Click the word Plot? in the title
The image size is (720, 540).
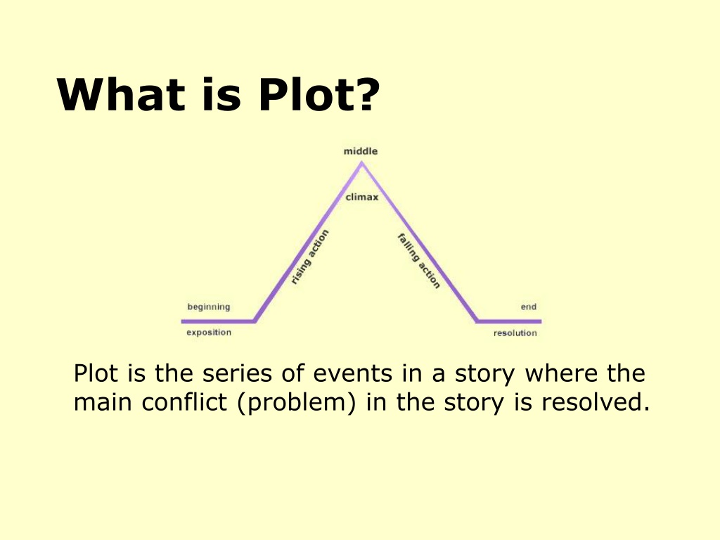click(x=319, y=94)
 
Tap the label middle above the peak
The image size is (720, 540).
click(x=361, y=151)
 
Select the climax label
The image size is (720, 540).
click(x=362, y=197)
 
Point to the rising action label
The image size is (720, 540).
click(x=310, y=257)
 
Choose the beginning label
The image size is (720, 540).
click(x=208, y=307)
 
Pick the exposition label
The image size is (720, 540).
click(x=209, y=333)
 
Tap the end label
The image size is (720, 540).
click(x=529, y=307)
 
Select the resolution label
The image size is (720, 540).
click(x=515, y=333)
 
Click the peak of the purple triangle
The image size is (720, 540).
click(x=361, y=163)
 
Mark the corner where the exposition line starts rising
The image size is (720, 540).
click(x=255, y=321)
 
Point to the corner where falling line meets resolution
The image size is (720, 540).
click(x=477, y=321)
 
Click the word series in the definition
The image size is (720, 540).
click(x=237, y=373)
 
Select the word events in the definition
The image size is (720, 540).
click(x=353, y=373)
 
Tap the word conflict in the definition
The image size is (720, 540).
click(x=184, y=401)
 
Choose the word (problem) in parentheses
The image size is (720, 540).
click(x=297, y=403)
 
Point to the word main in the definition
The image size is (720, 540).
click(x=103, y=402)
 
